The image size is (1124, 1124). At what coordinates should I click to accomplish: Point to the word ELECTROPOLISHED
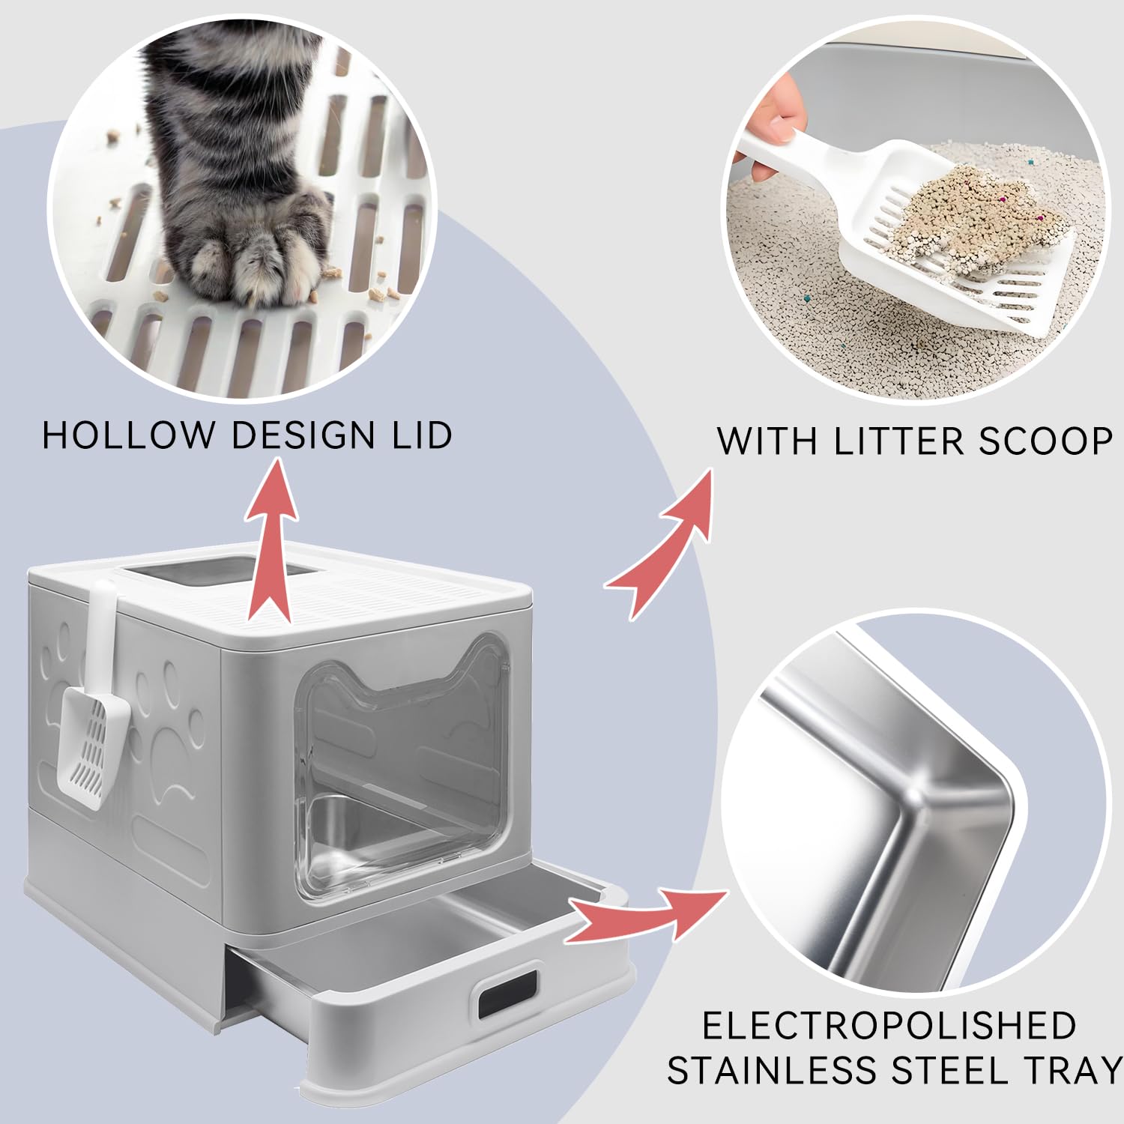tap(889, 1025)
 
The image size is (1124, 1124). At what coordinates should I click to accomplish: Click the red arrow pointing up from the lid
tap(269, 541)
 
